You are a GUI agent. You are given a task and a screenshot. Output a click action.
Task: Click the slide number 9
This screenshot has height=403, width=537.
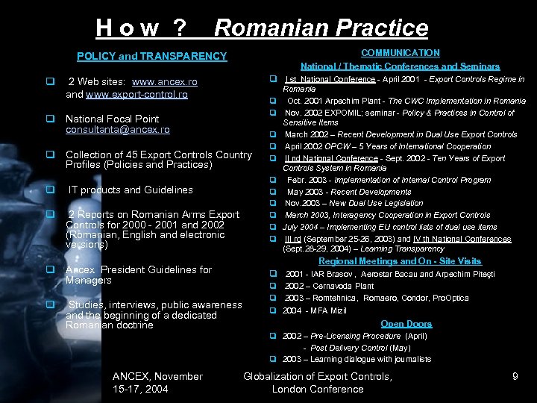tap(515, 377)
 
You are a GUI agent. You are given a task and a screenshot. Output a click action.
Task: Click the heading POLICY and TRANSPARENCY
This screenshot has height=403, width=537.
tap(152, 56)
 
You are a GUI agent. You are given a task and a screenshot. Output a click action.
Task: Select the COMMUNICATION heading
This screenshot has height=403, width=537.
tap(401, 53)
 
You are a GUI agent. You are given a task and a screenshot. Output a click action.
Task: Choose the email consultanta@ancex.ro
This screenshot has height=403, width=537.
tap(117, 130)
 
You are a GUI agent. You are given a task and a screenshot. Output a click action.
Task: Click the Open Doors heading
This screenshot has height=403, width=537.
tap(406, 324)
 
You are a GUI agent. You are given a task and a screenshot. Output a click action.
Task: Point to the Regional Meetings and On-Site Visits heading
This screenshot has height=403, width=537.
tap(401, 261)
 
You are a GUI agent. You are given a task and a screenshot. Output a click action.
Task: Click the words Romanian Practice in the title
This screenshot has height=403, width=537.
tap(321, 28)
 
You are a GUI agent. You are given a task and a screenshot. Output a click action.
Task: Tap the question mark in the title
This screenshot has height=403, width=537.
tap(179, 28)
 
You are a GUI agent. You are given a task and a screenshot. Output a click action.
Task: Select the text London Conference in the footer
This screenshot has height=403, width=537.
tap(318, 390)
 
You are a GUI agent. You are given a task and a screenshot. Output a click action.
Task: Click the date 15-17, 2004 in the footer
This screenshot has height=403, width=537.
tap(140, 390)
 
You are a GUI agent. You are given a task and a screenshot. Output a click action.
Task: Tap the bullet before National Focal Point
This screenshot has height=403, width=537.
tap(50, 119)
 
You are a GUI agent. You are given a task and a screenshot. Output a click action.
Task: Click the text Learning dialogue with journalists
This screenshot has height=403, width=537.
tap(371, 359)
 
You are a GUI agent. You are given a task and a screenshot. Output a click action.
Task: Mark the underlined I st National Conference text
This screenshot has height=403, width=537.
tap(330, 79)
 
